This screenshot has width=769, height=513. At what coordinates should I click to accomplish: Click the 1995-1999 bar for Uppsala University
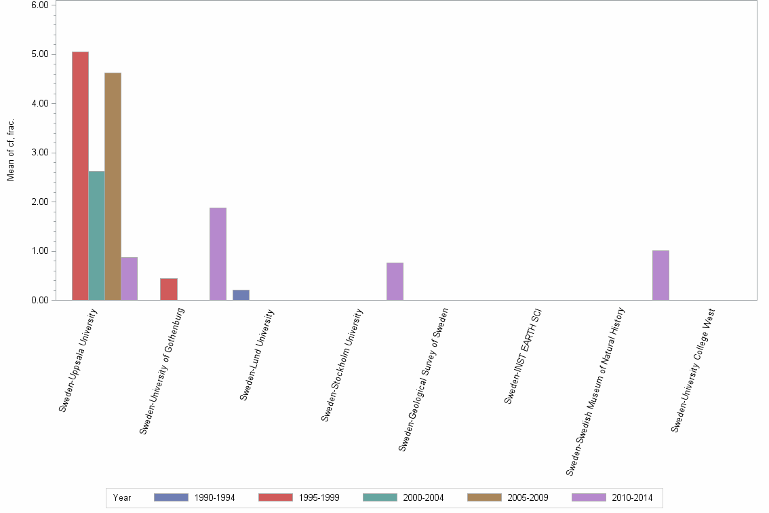pos(80,176)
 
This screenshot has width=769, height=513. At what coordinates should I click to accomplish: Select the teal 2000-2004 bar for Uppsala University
pos(96,235)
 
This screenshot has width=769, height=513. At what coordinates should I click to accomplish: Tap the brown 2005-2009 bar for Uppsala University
pos(113,186)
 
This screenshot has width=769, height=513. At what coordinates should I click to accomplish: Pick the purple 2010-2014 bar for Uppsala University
pos(129,278)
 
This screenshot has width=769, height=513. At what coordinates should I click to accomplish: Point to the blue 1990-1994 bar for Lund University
pos(241,294)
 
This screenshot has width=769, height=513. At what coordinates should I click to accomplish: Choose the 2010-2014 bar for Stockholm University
pos(395,281)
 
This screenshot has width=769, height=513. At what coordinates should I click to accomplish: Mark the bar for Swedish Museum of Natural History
pos(660,275)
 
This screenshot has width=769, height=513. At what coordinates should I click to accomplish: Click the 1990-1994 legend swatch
pos(171,497)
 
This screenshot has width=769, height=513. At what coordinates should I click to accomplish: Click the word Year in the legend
pos(123,497)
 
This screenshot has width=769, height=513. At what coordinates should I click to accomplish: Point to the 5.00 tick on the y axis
pos(40,54)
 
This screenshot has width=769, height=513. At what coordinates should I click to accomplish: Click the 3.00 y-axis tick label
pos(40,153)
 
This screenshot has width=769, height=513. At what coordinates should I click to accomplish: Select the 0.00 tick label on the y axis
pos(40,300)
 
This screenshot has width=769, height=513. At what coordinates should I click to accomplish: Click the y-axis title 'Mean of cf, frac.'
pos(11,151)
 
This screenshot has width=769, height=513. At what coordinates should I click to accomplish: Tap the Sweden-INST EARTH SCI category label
pos(523,356)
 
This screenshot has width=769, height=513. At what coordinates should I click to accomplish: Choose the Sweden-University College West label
pos(693,370)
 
